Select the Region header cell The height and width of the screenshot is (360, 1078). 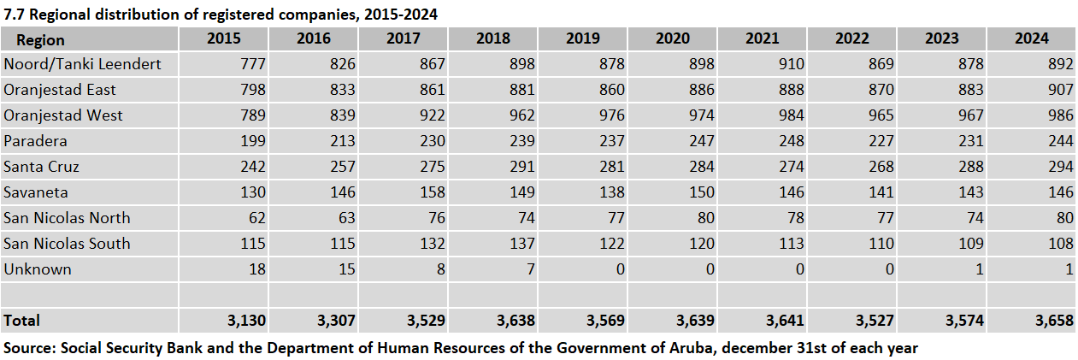40,39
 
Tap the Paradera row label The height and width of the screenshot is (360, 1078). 35,141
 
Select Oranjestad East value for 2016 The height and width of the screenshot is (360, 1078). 340,90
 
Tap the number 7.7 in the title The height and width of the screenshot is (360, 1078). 15,15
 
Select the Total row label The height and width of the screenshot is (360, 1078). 22,321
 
